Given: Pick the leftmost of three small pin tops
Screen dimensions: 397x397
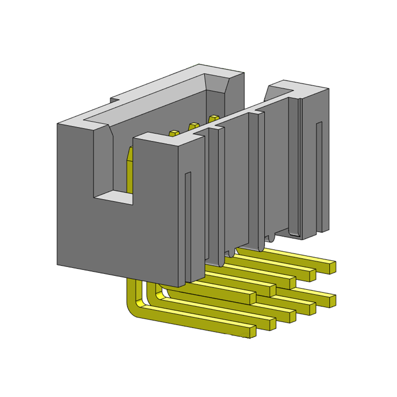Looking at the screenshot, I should (x=174, y=133).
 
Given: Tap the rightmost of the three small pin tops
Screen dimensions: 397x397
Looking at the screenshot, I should (x=214, y=118).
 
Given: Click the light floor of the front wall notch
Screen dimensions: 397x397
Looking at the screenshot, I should (x=113, y=198).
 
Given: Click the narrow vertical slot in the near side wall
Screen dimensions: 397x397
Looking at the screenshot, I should (x=188, y=223).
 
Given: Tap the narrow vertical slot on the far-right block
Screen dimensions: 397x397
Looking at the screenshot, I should (x=319, y=174).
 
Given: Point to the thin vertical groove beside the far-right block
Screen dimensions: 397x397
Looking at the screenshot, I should (x=301, y=164).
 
